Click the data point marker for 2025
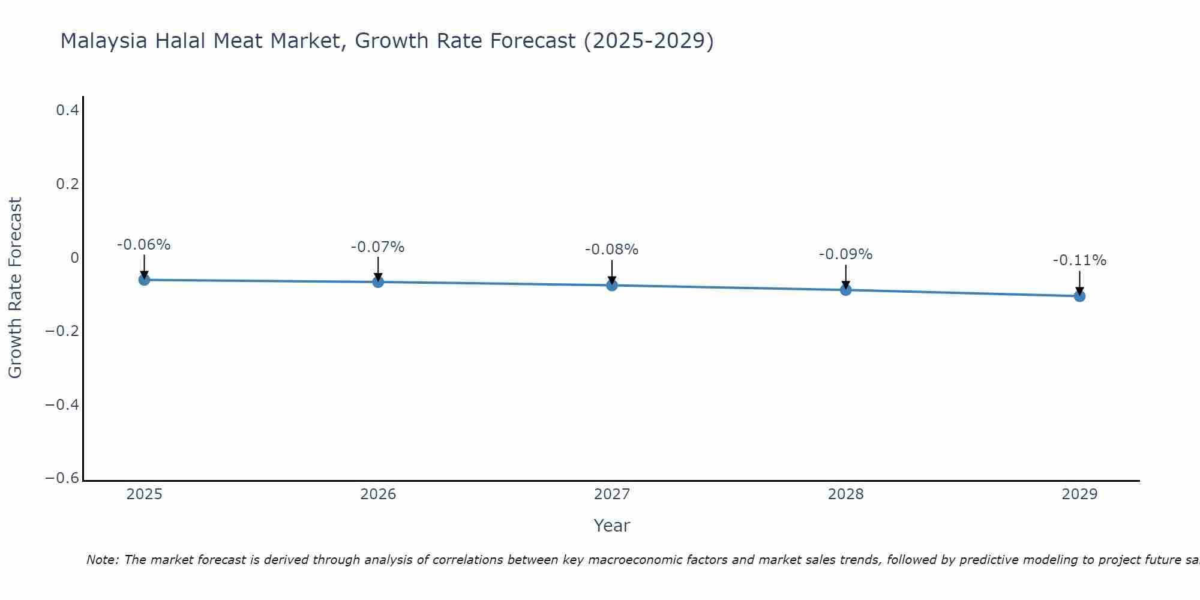coord(144,280)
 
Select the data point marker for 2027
coord(612,285)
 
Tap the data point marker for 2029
coord(1079,296)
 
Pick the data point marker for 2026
coord(378,282)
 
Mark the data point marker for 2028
coord(846,290)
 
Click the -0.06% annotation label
coord(144,245)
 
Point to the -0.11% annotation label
coord(1079,260)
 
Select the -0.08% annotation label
coord(612,250)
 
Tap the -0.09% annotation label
coord(846,254)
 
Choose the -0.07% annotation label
coord(378,247)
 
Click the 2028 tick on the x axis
coord(846,494)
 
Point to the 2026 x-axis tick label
coord(378,494)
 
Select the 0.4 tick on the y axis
coord(67,110)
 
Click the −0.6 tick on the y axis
coord(62,478)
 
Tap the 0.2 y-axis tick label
coord(67,184)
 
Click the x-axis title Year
coord(612,526)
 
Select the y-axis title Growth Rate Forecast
coord(15,288)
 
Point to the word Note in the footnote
coord(103,560)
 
